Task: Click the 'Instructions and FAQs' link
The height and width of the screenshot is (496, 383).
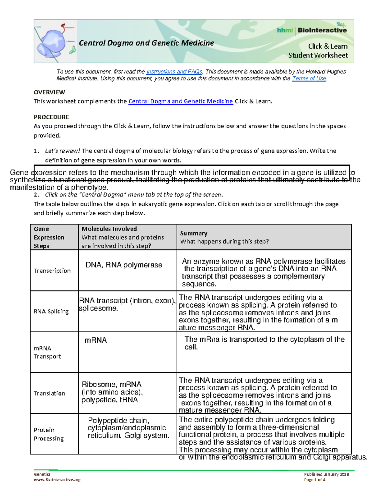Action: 174,72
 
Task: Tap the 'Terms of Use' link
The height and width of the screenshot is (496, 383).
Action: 309,78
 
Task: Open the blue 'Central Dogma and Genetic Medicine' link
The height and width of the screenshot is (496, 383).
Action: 180,101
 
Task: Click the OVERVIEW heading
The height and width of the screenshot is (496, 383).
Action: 49,92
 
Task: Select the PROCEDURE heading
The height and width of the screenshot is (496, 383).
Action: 51,117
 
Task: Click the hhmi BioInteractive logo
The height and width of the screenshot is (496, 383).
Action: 312,30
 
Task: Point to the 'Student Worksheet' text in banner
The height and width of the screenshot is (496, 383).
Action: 318,55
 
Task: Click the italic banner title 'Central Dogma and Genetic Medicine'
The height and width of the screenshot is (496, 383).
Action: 146,43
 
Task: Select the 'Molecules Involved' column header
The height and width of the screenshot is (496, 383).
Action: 109,229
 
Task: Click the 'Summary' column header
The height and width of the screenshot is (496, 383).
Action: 194,233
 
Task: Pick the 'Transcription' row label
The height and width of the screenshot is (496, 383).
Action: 52,271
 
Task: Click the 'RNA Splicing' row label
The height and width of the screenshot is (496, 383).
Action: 51,311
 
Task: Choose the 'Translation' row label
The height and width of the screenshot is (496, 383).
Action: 49,393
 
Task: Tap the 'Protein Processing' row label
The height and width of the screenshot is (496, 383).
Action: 49,434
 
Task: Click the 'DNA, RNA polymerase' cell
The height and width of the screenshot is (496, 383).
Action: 124,265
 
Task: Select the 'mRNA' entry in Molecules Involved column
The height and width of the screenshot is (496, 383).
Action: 95,340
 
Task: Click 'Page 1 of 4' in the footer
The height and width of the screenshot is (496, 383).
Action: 315,479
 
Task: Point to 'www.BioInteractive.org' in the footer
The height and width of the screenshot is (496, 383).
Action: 57,479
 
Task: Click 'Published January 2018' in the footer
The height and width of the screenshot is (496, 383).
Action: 326,474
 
